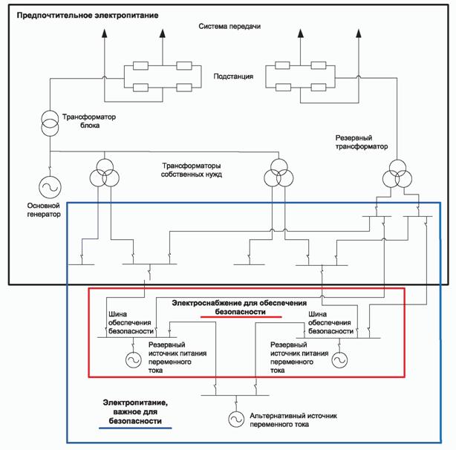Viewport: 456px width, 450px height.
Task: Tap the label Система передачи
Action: click(229, 27)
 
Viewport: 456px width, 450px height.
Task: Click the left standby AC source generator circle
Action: click(133, 359)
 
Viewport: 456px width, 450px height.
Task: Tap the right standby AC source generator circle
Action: click(339, 359)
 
